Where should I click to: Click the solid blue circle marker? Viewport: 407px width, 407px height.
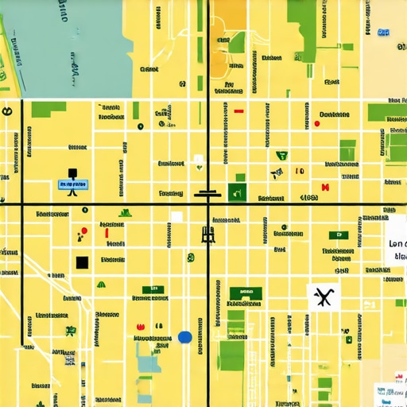coord(185,337)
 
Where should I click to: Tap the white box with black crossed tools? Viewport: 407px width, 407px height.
coord(322,297)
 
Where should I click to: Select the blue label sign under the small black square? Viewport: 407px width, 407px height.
coord(73,184)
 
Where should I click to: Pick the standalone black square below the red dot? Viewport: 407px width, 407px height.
coord(82,262)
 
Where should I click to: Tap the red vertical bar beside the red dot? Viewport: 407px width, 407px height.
coord(106,233)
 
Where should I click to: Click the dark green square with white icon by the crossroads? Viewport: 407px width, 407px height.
coord(236,191)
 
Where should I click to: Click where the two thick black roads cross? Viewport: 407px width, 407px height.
coord(207,205)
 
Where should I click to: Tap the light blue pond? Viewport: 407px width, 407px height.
coord(148,362)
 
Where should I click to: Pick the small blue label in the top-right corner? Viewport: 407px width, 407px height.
coord(384,33)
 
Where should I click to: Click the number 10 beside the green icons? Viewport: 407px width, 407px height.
coord(299,171)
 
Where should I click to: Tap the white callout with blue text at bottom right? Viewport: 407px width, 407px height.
coord(390,392)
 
